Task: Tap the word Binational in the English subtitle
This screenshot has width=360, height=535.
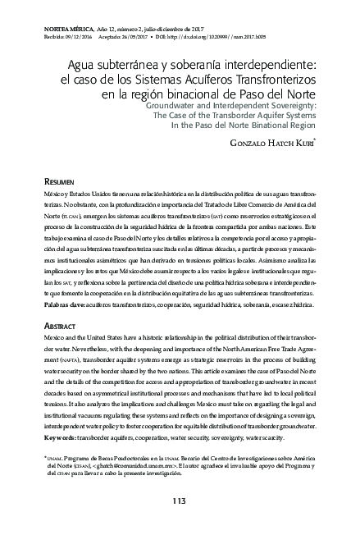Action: point(257,127)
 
